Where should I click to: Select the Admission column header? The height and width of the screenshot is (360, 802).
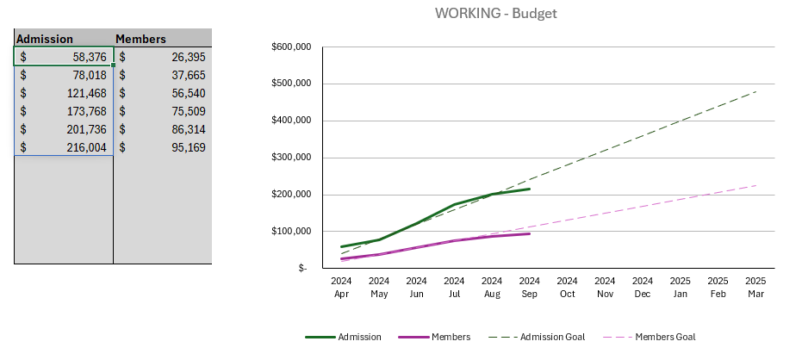tap(45, 39)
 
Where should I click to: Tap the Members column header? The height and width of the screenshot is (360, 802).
tap(140, 39)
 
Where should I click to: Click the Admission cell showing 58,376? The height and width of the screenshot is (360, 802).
tap(64, 57)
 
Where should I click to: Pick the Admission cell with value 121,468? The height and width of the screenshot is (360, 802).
tap(64, 93)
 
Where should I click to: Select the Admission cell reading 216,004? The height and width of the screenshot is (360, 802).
tap(64, 147)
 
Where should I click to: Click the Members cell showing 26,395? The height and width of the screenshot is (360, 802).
tap(163, 57)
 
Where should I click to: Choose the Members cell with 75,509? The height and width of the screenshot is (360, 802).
tap(163, 111)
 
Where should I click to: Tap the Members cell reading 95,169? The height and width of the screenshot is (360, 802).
tap(163, 147)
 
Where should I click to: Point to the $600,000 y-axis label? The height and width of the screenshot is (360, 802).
tap(290, 47)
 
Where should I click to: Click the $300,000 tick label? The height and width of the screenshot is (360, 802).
tap(290, 158)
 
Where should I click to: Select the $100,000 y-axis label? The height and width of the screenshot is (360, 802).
tap(290, 232)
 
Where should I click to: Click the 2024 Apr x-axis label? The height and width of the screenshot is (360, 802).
tap(341, 287)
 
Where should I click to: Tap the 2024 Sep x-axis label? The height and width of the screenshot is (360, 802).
tap(530, 287)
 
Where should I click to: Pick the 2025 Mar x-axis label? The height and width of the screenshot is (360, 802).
tap(755, 287)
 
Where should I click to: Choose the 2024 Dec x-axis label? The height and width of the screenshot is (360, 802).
tap(643, 287)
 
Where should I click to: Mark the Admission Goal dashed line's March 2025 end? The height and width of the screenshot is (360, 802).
tap(755, 91)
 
